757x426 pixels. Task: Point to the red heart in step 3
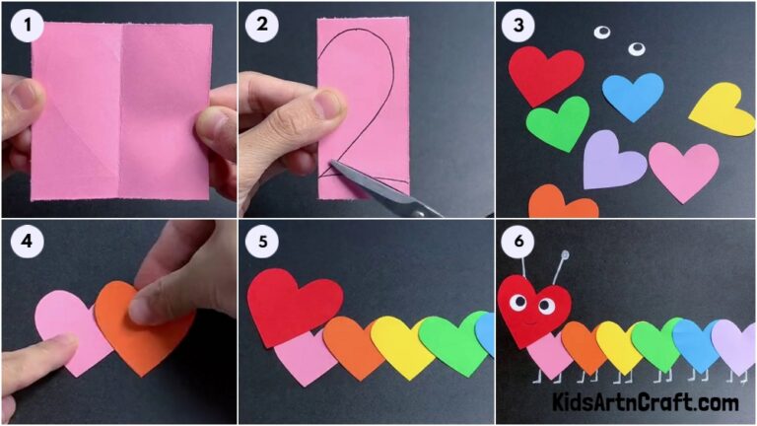pos(544,73)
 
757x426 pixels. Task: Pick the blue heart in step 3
pos(633,95)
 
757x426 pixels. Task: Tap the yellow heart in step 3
pos(723,109)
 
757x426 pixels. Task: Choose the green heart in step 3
pos(558,122)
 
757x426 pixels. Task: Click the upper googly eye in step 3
pos(601,33)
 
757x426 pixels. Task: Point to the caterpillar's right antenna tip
pos(566,255)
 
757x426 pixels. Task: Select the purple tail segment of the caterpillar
pos(733,344)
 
